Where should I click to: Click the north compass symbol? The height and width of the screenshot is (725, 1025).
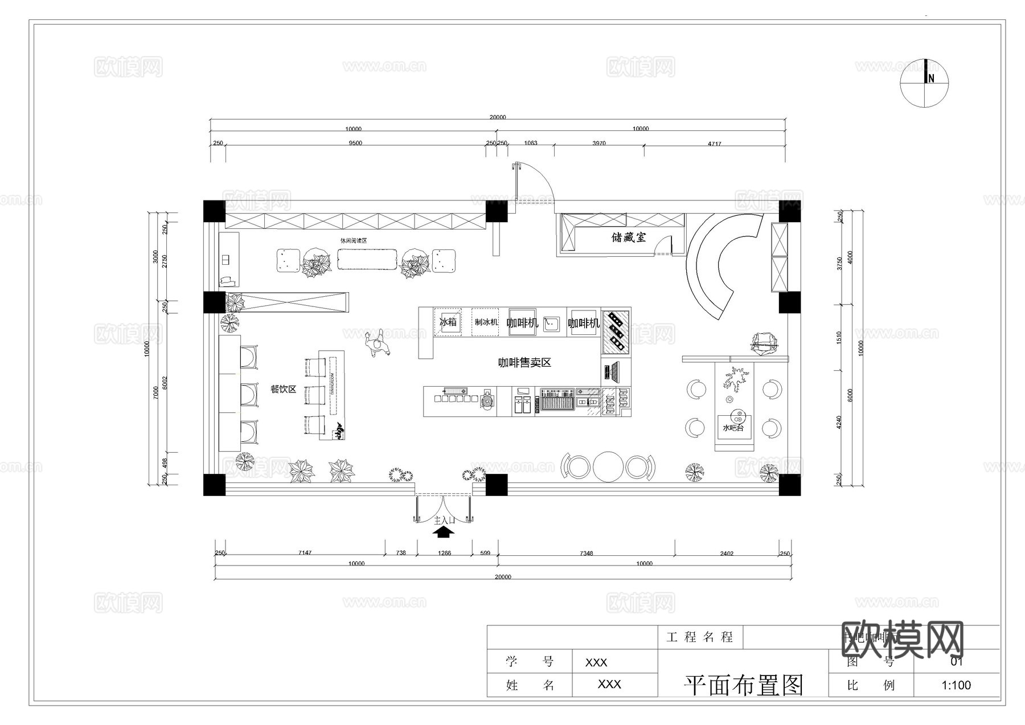(x=924, y=83)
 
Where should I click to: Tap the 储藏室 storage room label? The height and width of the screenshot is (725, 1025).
(x=629, y=237)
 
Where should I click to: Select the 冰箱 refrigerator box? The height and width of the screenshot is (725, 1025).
(x=448, y=322)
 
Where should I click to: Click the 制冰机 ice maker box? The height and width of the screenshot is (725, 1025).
(x=486, y=322)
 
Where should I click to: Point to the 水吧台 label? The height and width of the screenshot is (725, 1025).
(x=733, y=427)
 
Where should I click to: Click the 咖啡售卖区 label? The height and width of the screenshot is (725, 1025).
(x=524, y=363)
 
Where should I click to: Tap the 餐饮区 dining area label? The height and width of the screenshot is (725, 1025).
(x=283, y=390)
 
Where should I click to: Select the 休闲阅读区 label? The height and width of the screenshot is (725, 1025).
(x=354, y=241)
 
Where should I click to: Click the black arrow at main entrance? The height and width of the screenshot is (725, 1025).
(x=444, y=532)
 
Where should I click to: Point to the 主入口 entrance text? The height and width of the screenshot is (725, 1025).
(x=444, y=521)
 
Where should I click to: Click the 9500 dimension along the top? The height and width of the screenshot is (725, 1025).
(x=355, y=144)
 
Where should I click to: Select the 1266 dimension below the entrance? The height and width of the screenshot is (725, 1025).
(x=444, y=553)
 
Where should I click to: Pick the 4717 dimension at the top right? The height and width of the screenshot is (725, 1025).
(x=714, y=144)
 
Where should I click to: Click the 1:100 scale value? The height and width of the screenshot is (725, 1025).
(x=956, y=685)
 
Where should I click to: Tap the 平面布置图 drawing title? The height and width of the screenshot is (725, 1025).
(x=743, y=685)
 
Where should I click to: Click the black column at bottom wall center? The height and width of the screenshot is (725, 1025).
(x=496, y=485)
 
